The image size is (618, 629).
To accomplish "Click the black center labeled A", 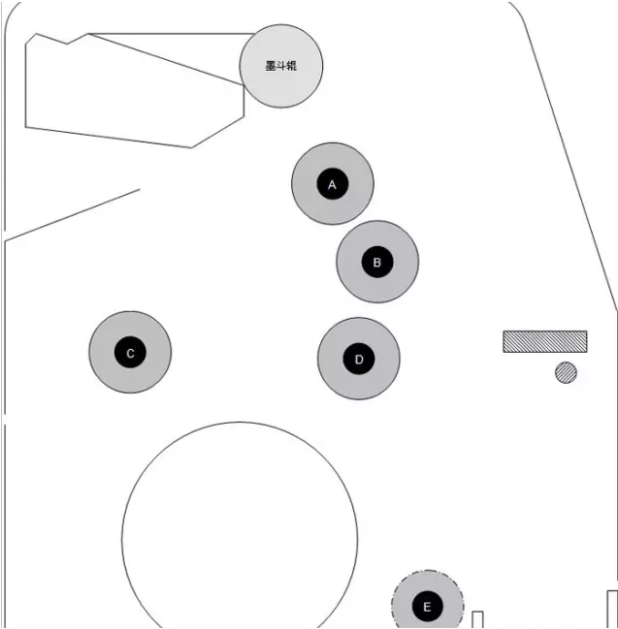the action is (x=333, y=184).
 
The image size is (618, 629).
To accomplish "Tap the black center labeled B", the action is (x=377, y=262).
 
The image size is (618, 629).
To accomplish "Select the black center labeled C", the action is (x=130, y=352).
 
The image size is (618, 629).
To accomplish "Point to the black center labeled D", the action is (x=359, y=359).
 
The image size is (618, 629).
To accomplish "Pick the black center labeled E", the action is (x=428, y=606).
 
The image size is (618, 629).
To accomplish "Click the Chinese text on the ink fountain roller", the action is (x=281, y=66).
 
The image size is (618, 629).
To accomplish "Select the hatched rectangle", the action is (x=545, y=342).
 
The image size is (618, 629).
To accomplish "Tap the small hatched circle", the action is (x=567, y=373).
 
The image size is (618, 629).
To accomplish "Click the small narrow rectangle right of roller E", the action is (x=477, y=619).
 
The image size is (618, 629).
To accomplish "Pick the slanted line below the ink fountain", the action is (x=73, y=215).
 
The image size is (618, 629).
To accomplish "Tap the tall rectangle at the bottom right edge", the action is (x=612, y=610).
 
